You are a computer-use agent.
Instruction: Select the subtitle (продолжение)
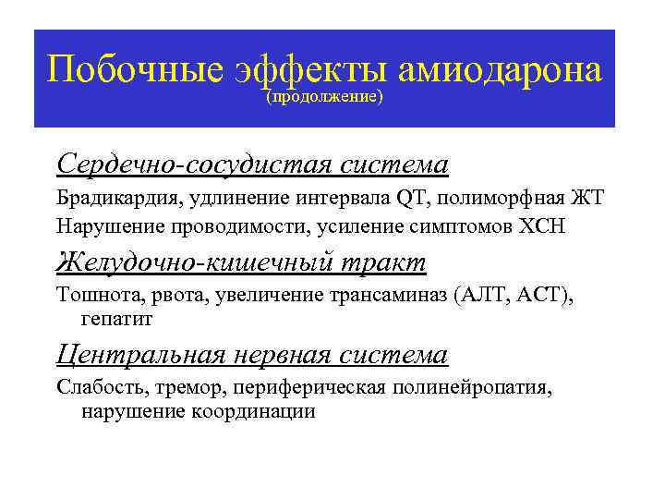pos(324,96)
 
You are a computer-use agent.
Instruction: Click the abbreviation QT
pos(408,197)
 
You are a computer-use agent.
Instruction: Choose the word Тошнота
pos(91,295)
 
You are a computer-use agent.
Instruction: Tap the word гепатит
pos(117,319)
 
